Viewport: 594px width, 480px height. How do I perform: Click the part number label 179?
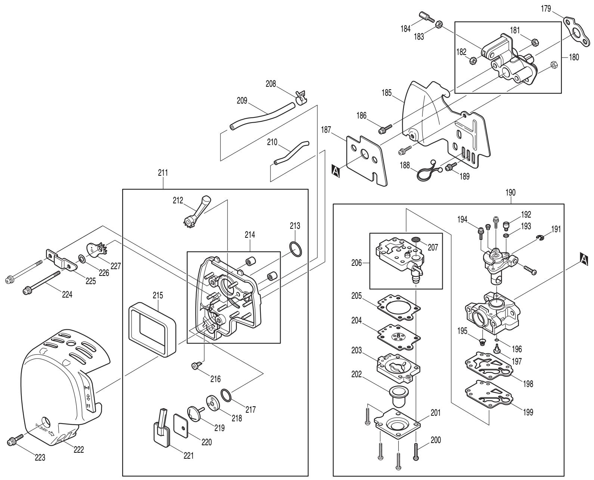[x=546, y=9]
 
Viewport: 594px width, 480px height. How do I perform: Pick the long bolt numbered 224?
[x=41, y=282]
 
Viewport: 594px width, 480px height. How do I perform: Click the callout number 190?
[x=510, y=192]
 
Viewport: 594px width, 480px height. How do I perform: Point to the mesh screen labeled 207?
[x=416, y=239]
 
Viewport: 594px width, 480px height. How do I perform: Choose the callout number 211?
[x=163, y=173]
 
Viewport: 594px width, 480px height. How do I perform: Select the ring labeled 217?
[x=226, y=395]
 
